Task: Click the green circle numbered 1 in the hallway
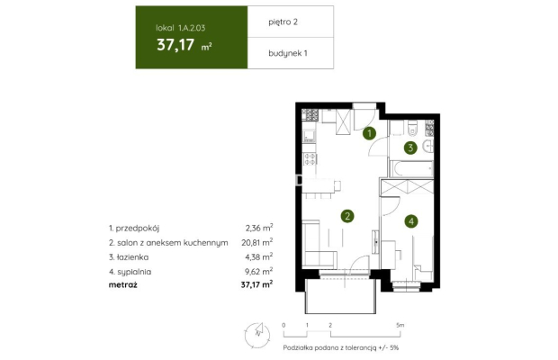[369, 135]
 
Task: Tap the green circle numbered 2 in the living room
[346, 215]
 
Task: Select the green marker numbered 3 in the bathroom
[409, 148]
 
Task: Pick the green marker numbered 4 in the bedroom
[410, 220]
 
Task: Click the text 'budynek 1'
[287, 52]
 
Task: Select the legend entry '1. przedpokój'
[132, 229]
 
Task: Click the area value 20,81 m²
[257, 242]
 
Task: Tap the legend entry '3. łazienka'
[129, 256]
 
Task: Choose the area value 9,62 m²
[259, 269]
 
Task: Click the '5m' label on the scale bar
[400, 323]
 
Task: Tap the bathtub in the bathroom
[410, 169]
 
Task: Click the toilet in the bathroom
[409, 127]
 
